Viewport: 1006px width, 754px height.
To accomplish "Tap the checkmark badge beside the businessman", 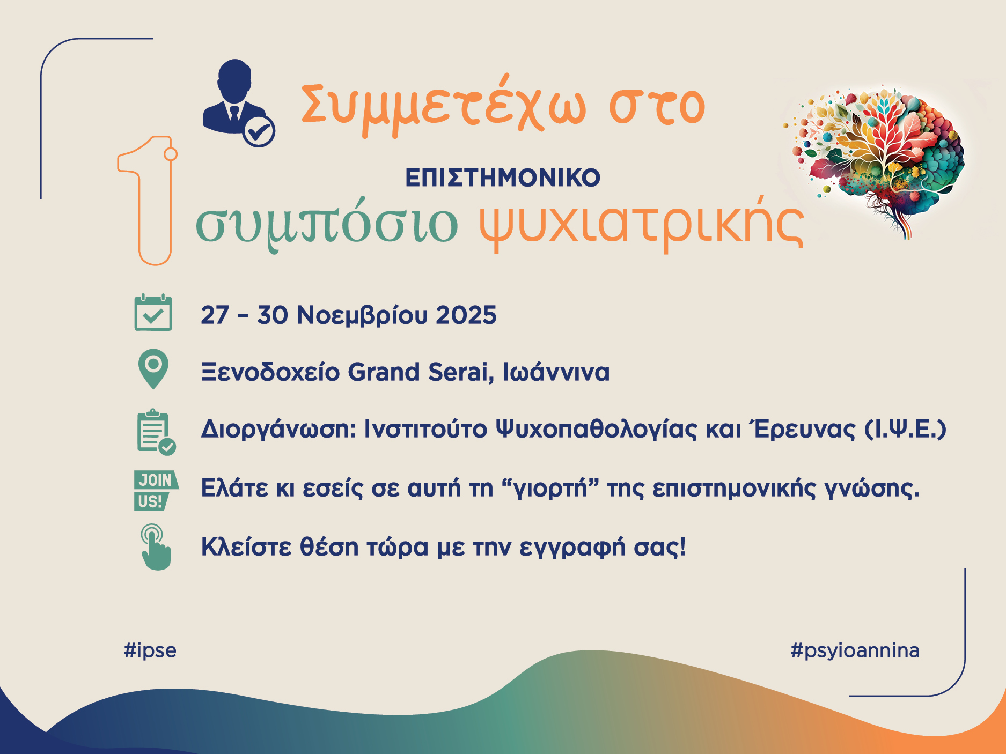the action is (259, 131).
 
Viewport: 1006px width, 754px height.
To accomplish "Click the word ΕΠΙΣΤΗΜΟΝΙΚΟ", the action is (503, 178).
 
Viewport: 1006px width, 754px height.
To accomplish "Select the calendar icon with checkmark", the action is (153, 313).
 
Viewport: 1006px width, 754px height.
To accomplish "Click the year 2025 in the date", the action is (466, 315).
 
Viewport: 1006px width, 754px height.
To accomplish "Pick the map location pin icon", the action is (153, 369).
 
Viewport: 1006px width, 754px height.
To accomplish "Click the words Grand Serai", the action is (421, 372).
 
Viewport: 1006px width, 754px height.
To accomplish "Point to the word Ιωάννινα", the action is (556, 372).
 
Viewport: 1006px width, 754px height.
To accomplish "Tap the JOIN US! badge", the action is (156, 490).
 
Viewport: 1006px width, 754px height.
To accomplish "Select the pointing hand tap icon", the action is (156, 547).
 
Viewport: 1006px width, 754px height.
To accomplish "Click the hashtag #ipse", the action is (150, 650).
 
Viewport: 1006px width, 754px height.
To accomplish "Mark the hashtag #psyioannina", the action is (855, 650).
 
